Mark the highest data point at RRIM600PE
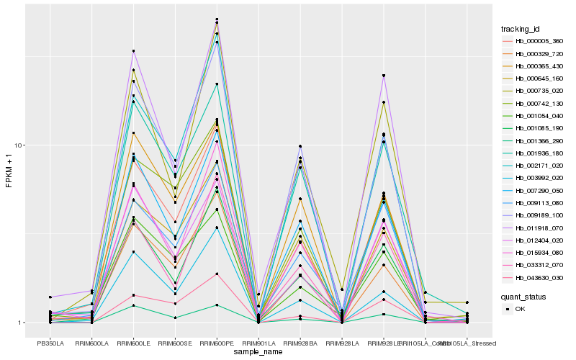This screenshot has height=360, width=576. [217, 19]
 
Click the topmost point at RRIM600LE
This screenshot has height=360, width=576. [133, 51]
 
